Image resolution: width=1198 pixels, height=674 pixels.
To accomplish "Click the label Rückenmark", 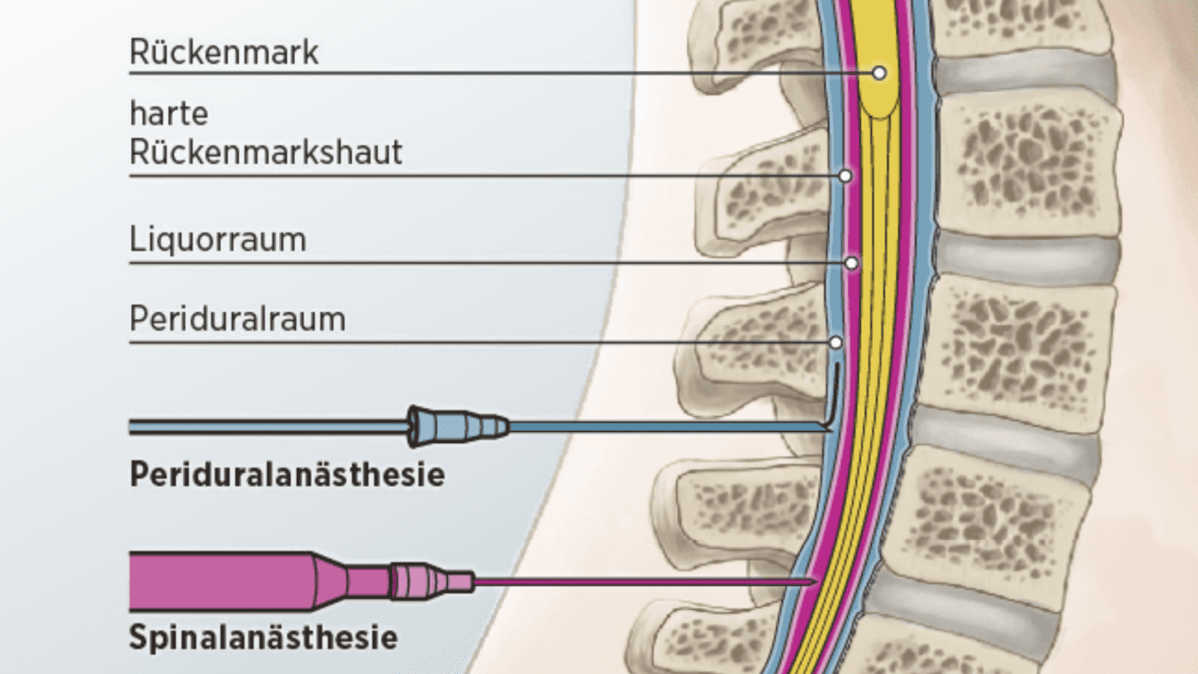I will (223, 52).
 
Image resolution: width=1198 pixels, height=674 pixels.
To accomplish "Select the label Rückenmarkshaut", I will (265, 153).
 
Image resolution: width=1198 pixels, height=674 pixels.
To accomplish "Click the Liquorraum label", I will (217, 240).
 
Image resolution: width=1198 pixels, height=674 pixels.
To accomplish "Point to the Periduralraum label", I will (237, 320).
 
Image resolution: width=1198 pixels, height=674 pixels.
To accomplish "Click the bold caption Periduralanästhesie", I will (287, 475).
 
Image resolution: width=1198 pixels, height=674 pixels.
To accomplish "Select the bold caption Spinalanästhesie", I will (264, 637).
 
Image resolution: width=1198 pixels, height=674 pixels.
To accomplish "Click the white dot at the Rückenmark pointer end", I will (879, 74).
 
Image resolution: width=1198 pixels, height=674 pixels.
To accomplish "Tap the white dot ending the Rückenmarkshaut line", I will (845, 176).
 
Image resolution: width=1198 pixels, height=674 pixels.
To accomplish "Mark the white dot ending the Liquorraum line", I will (851, 263).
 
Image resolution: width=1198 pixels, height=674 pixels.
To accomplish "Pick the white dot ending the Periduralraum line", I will (835, 342).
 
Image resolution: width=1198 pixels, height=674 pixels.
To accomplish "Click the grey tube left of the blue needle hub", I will (265, 426).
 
